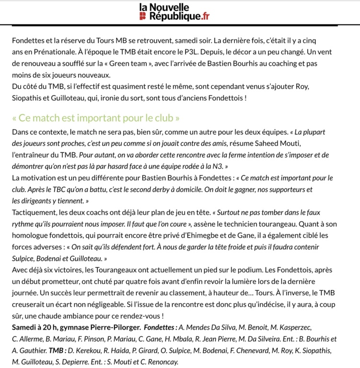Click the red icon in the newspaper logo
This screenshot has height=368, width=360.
click(x=142, y=17)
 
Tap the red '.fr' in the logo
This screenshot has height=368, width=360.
click(x=205, y=17)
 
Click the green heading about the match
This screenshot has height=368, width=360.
click(x=96, y=118)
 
